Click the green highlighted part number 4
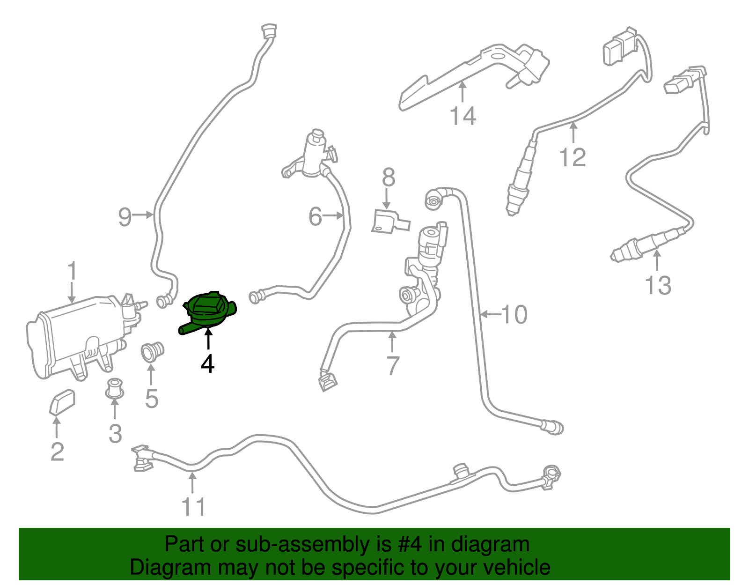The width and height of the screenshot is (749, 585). (x=209, y=310)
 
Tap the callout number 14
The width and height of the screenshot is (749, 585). (x=463, y=116)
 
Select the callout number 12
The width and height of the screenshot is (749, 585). (x=573, y=157)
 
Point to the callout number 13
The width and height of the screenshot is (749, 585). (x=658, y=285)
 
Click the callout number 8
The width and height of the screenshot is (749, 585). (x=388, y=178)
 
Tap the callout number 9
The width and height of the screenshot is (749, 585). (x=125, y=217)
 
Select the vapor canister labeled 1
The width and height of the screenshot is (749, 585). (x=75, y=335)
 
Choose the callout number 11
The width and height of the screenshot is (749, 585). (x=193, y=506)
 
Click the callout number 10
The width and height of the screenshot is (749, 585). (x=514, y=314)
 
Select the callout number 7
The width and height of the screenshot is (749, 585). (x=393, y=365)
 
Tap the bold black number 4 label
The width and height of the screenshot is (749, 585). (x=207, y=364)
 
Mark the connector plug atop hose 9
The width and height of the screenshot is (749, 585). (x=268, y=32)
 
